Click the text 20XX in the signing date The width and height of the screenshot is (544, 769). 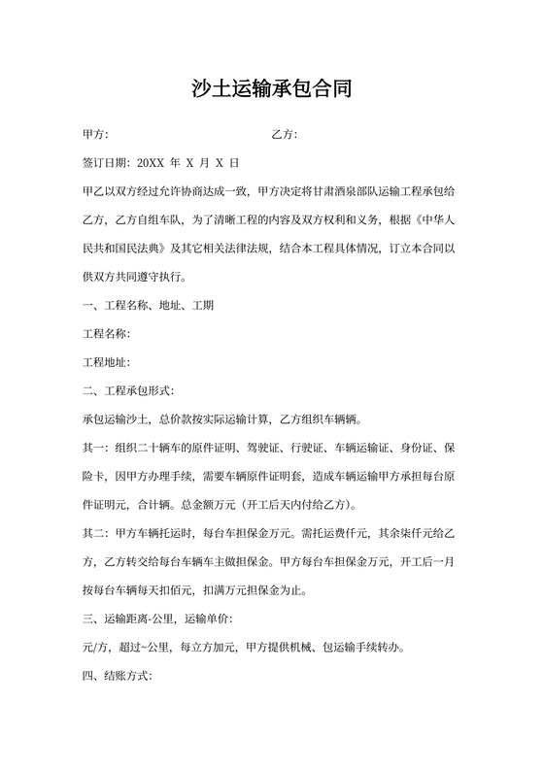(153, 162)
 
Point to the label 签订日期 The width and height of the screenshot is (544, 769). (107, 162)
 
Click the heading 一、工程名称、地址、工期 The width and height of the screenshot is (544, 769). (149, 305)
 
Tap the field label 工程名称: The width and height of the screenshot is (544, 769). (106, 334)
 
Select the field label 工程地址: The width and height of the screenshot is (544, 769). (106, 362)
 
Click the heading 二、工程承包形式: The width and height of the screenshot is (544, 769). (128, 391)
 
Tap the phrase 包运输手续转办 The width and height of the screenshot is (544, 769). (349, 648)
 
